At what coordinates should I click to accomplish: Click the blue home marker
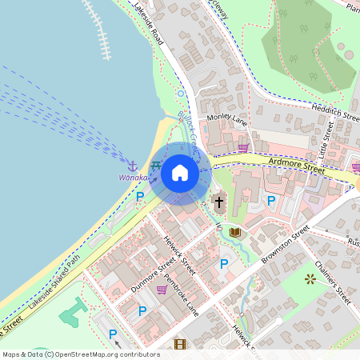179,173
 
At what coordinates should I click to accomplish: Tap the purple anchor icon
134,164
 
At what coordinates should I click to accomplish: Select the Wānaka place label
133,177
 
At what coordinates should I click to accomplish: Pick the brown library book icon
234,233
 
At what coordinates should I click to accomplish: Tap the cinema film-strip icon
179,345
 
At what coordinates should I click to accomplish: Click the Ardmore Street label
297,167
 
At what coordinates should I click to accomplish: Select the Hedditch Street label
335,114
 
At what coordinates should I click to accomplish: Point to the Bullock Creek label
186,125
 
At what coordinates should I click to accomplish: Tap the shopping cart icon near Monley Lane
242,147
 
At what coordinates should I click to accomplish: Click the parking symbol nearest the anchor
140,196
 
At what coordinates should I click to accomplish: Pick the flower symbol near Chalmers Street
310,279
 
